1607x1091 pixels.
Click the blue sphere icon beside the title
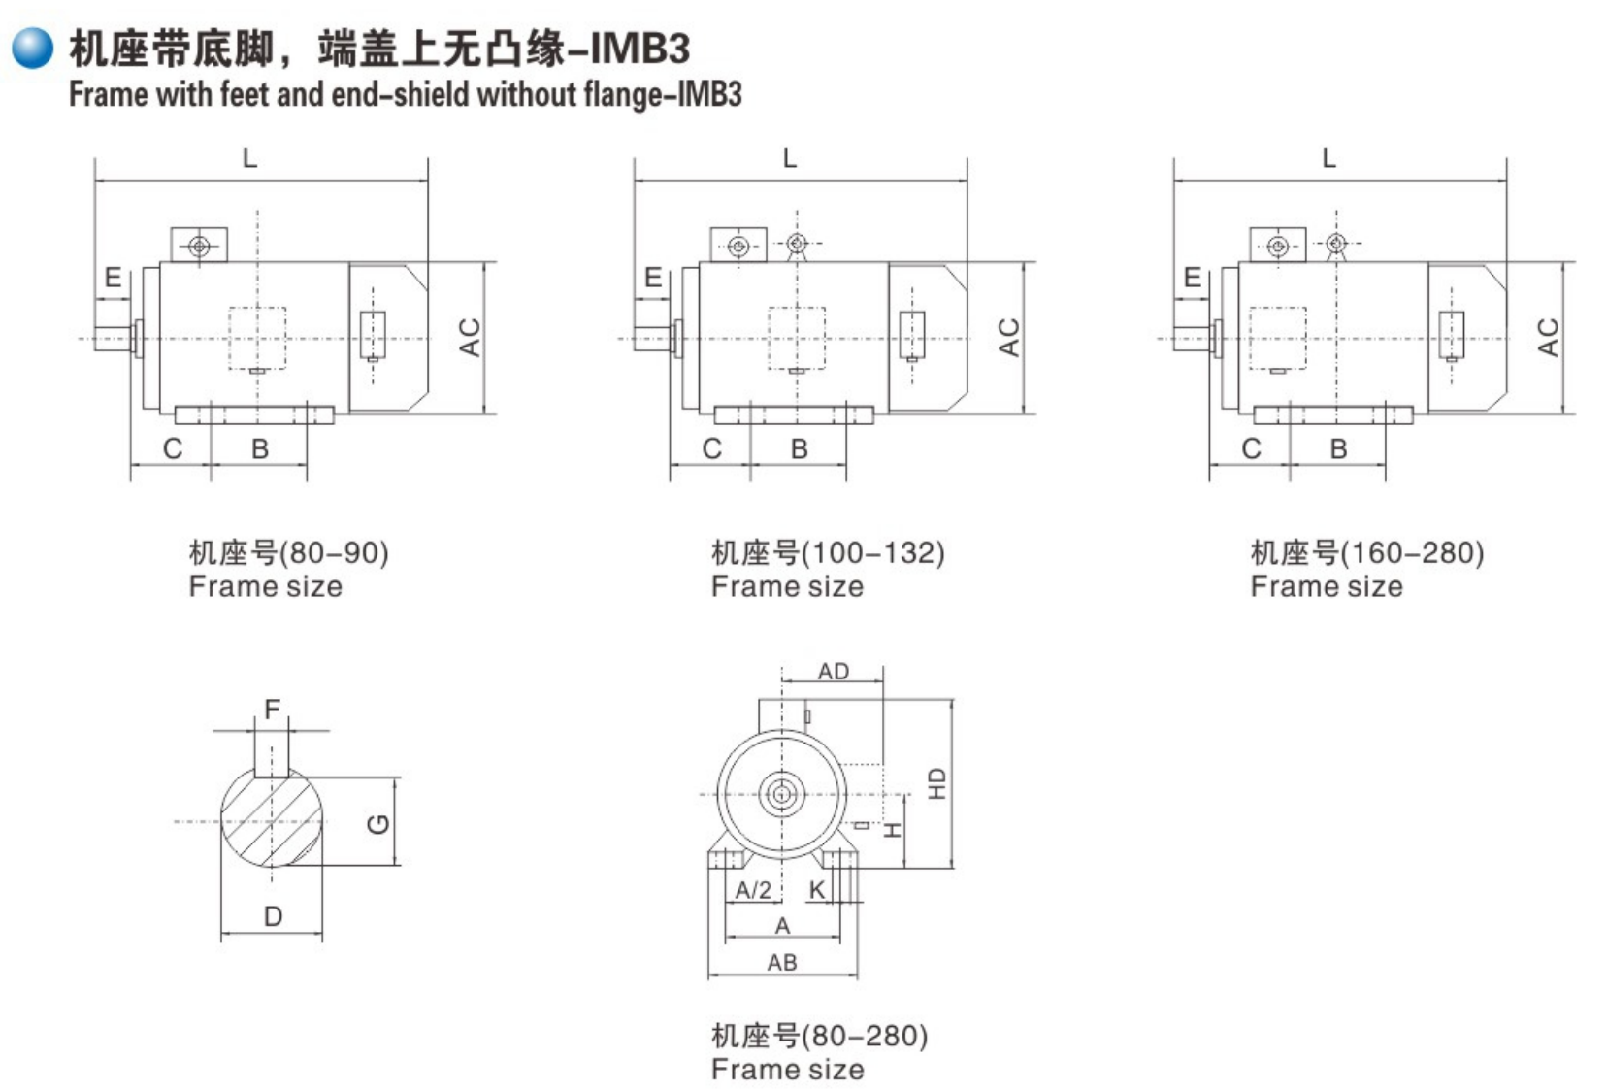tap(33, 48)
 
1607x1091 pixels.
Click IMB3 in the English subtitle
tap(708, 95)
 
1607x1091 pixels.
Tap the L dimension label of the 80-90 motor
tap(249, 158)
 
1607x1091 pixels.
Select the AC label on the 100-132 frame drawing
tap(1008, 337)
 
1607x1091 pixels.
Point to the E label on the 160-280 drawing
tap(1193, 279)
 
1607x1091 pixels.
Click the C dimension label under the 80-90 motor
tap(173, 448)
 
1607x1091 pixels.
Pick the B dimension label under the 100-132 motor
tap(799, 448)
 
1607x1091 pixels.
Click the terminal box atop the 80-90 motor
tap(199, 246)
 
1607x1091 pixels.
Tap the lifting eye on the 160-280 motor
tap(1336, 243)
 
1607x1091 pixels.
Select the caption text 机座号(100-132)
tap(827, 552)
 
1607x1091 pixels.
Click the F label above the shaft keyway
tap(272, 710)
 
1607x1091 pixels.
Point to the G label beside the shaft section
tap(378, 823)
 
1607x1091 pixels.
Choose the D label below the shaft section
tap(273, 915)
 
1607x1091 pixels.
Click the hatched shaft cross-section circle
tap(272, 820)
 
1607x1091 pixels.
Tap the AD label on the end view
tap(833, 671)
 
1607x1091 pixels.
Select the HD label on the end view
tap(936, 782)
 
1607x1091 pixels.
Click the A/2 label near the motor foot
tap(753, 889)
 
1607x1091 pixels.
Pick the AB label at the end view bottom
tap(782, 962)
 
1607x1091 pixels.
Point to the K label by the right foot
tap(817, 889)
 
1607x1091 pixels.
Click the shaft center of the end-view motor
tap(781, 794)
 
